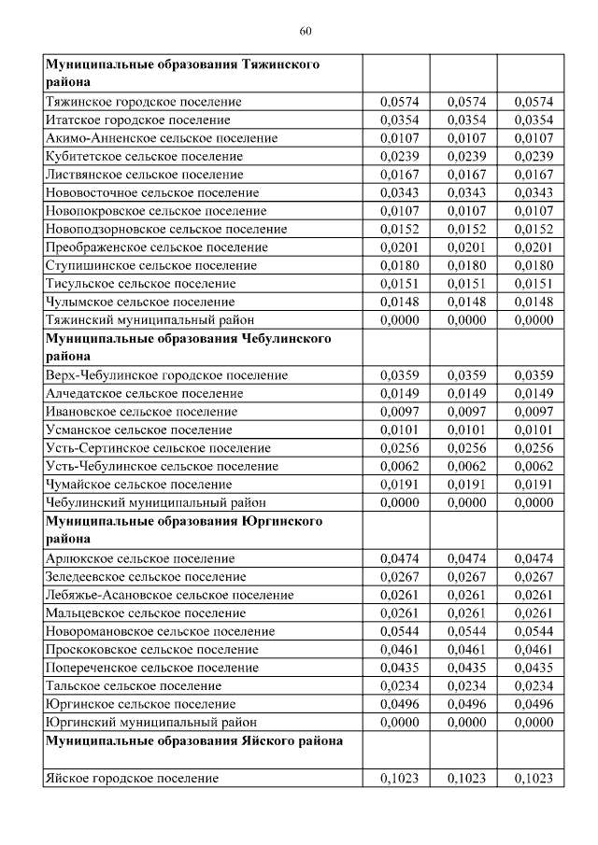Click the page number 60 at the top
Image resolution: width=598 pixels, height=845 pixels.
pyautogui.click(x=305, y=32)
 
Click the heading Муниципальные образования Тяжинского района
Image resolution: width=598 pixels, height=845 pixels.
pyautogui.click(x=183, y=74)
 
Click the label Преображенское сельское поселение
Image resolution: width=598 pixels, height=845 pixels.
pyautogui.click(x=156, y=247)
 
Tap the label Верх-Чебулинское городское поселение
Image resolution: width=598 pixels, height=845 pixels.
pyautogui.click(x=166, y=375)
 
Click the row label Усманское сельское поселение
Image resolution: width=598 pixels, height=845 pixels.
pyautogui.click(x=138, y=430)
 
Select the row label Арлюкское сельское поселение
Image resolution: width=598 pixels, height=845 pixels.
pyautogui.click(x=139, y=558)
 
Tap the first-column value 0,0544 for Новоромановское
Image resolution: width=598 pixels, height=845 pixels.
pyautogui.click(x=396, y=631)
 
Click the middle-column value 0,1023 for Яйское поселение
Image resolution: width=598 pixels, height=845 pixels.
pyautogui.click(x=463, y=778)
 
